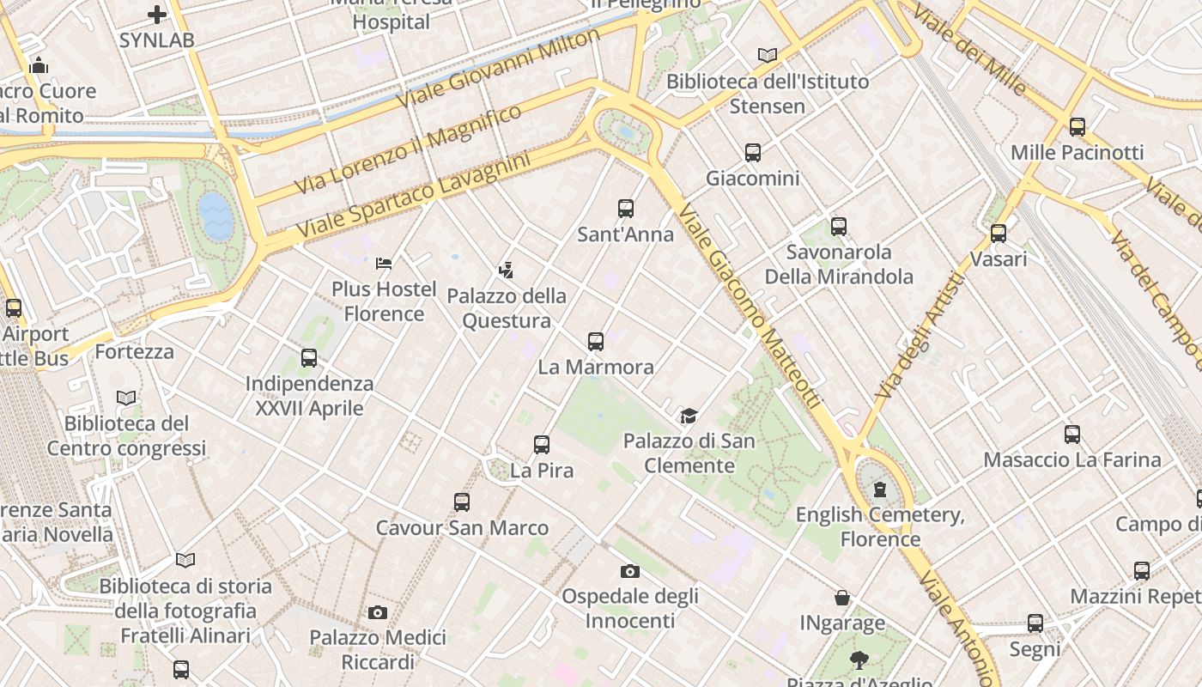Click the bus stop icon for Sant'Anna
tap(626, 208)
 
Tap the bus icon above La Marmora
tap(596, 341)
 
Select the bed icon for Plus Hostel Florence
tap(384, 263)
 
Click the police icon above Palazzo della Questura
tap(506, 270)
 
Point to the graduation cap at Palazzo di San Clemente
tap(689, 416)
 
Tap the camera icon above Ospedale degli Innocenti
tap(629, 571)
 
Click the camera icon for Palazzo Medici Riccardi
tap(377, 612)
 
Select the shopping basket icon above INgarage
tap(842, 598)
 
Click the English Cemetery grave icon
tap(879, 489)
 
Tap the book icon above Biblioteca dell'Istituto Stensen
tap(767, 56)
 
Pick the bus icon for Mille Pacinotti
tap(1077, 127)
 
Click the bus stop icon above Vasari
tap(998, 233)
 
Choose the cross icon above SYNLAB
tap(156, 15)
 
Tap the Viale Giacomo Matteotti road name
tap(749, 306)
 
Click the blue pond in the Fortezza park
tap(216, 215)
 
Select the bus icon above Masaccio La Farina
tap(1071, 435)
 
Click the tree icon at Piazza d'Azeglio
tap(858, 660)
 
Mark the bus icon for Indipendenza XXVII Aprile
tap(309, 358)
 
